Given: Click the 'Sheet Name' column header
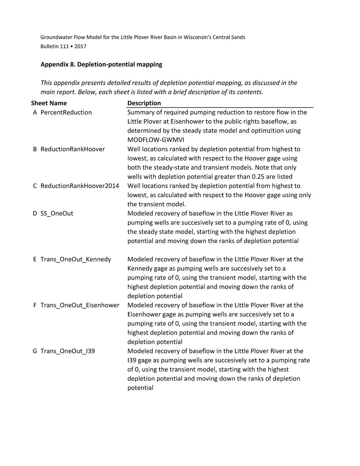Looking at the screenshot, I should pyautogui.click(x=49, y=103).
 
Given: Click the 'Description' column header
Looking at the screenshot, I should pyautogui.click(x=144, y=103).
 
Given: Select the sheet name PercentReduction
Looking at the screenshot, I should pyautogui.click(x=66, y=112).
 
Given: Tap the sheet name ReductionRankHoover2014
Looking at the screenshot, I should pyautogui.click(x=80, y=186).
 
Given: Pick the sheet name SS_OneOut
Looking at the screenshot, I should pyautogui.click(x=57, y=213).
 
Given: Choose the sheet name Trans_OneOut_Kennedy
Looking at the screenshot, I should pyautogui.click(x=76, y=259).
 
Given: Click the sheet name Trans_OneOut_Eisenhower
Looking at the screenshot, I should pyautogui.click(x=80, y=305).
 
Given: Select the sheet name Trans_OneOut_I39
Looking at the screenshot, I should pyautogui.click(x=68, y=351).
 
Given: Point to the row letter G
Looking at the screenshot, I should pyautogui.click(x=35, y=351).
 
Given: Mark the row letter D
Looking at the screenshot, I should pyautogui.click(x=35, y=213).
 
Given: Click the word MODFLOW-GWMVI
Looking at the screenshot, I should pyautogui.click(x=156, y=140).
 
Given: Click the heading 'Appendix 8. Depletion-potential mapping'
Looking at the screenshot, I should pyautogui.click(x=101, y=64).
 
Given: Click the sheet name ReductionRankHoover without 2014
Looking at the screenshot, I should pyautogui.click(x=73, y=149).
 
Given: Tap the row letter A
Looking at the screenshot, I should pyautogui.click(x=35, y=112).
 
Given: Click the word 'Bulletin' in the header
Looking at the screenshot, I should pyautogui.click(x=49, y=46).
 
